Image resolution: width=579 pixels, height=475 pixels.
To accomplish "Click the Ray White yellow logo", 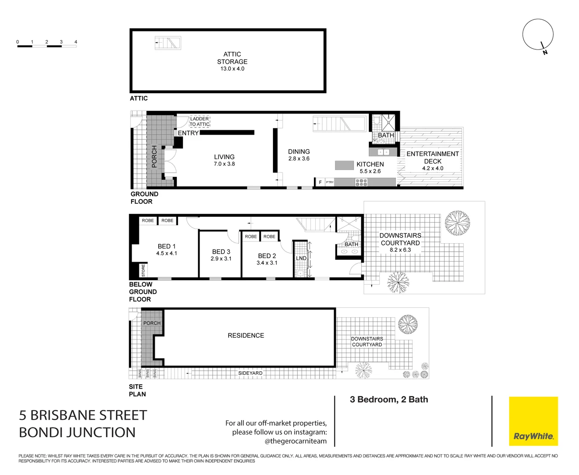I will pyautogui.click(x=533, y=421).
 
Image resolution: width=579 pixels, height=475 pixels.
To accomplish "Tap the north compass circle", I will pyautogui.click(x=538, y=34).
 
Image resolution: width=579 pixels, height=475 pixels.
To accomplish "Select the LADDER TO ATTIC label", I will pyautogui.click(x=200, y=121).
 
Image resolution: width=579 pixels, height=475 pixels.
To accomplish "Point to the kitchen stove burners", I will pyautogui.click(x=361, y=182).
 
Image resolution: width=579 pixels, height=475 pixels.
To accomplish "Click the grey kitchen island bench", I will pyautogui.click(x=344, y=165).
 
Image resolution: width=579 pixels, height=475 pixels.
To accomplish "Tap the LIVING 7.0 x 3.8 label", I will pyautogui.click(x=224, y=160).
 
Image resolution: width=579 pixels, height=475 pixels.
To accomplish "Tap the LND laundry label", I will pyautogui.click(x=301, y=258).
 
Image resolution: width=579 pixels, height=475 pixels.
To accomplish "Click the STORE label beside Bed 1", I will pyautogui.click(x=143, y=270).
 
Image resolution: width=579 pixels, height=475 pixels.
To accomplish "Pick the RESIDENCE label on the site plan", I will pyautogui.click(x=246, y=336).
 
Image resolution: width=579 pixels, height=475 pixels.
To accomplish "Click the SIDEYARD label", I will pyautogui.click(x=250, y=373).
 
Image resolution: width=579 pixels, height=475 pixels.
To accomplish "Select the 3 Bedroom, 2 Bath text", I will pyautogui.click(x=389, y=399).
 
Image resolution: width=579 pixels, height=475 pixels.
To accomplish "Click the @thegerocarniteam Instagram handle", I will pyautogui.click(x=295, y=441).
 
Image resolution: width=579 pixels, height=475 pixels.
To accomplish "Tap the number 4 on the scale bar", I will pyautogui.click(x=76, y=42).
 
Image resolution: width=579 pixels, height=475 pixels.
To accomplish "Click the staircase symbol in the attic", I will pyautogui.click(x=168, y=43).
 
